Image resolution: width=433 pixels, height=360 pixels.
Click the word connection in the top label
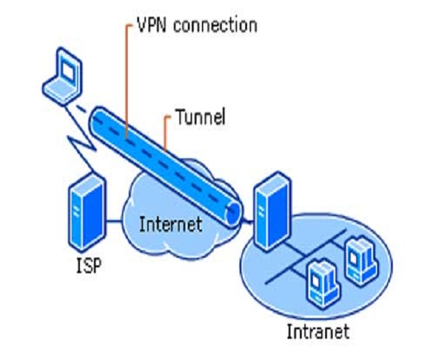coord(217,26)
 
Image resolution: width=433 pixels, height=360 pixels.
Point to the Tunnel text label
coord(200,118)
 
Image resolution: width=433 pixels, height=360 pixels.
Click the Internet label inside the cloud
coord(171,223)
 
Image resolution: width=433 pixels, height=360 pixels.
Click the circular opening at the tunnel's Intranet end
coord(233,212)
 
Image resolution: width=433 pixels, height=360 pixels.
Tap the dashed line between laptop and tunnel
coord(81,109)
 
